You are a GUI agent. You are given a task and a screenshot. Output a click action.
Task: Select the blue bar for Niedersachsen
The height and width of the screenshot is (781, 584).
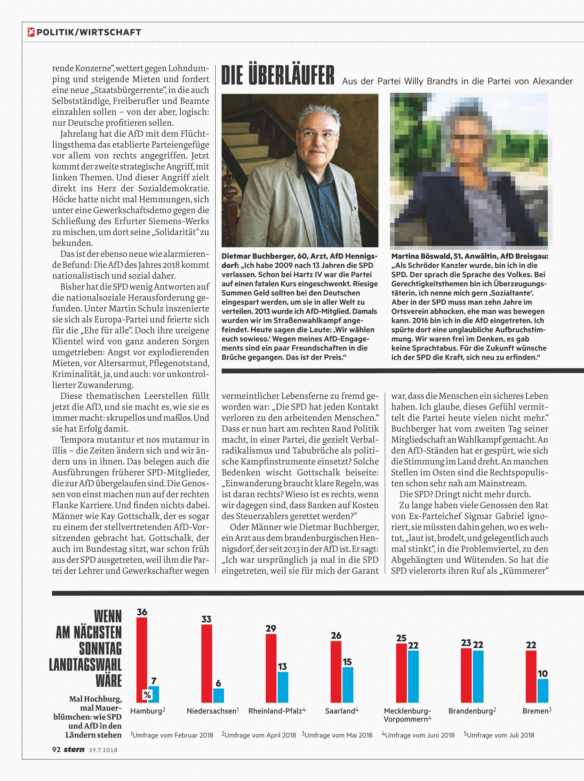[x=219, y=695]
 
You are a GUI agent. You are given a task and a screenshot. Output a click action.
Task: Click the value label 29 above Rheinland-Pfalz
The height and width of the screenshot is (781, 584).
[x=271, y=628]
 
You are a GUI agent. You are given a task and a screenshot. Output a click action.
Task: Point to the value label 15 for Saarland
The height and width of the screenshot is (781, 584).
[x=347, y=662]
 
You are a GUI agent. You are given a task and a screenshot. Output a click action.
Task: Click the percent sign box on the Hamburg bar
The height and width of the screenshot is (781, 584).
[x=147, y=695]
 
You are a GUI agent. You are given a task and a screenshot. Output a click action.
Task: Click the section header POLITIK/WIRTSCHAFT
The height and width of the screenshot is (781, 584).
[x=89, y=33]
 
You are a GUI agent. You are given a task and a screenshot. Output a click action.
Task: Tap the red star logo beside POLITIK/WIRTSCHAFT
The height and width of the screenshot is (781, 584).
[x=31, y=32]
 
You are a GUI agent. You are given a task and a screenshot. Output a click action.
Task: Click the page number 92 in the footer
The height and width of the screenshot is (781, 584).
[x=56, y=749]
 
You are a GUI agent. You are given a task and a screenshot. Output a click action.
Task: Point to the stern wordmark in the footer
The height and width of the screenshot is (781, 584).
[x=74, y=749]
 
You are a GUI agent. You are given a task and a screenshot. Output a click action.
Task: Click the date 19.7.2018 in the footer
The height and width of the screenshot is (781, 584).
[x=103, y=750]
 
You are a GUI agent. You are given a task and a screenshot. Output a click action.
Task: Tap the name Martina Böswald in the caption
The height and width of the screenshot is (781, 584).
[x=419, y=256]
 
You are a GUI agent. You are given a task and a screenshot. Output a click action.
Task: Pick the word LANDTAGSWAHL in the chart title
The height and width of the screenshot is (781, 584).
[x=85, y=664]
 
